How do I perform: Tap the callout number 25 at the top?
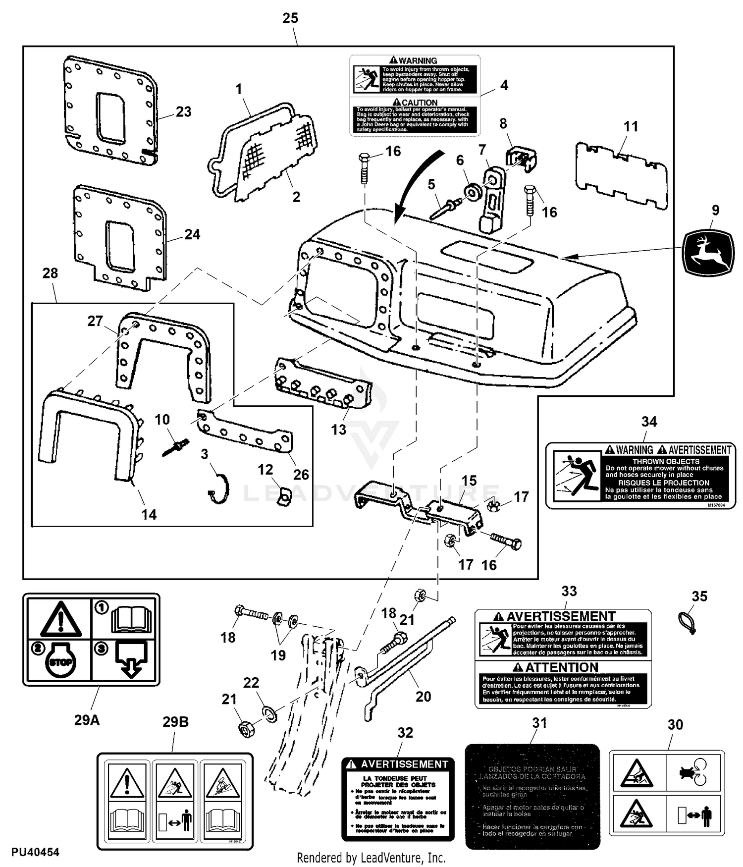click(x=290, y=18)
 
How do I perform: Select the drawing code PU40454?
click(x=35, y=852)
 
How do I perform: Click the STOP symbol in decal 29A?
click(x=60, y=661)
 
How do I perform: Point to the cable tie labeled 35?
click(x=686, y=621)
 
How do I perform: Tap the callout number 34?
click(x=649, y=422)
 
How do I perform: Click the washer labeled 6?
click(x=471, y=191)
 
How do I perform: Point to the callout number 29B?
click(x=175, y=722)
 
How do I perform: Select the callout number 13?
click(x=339, y=429)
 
